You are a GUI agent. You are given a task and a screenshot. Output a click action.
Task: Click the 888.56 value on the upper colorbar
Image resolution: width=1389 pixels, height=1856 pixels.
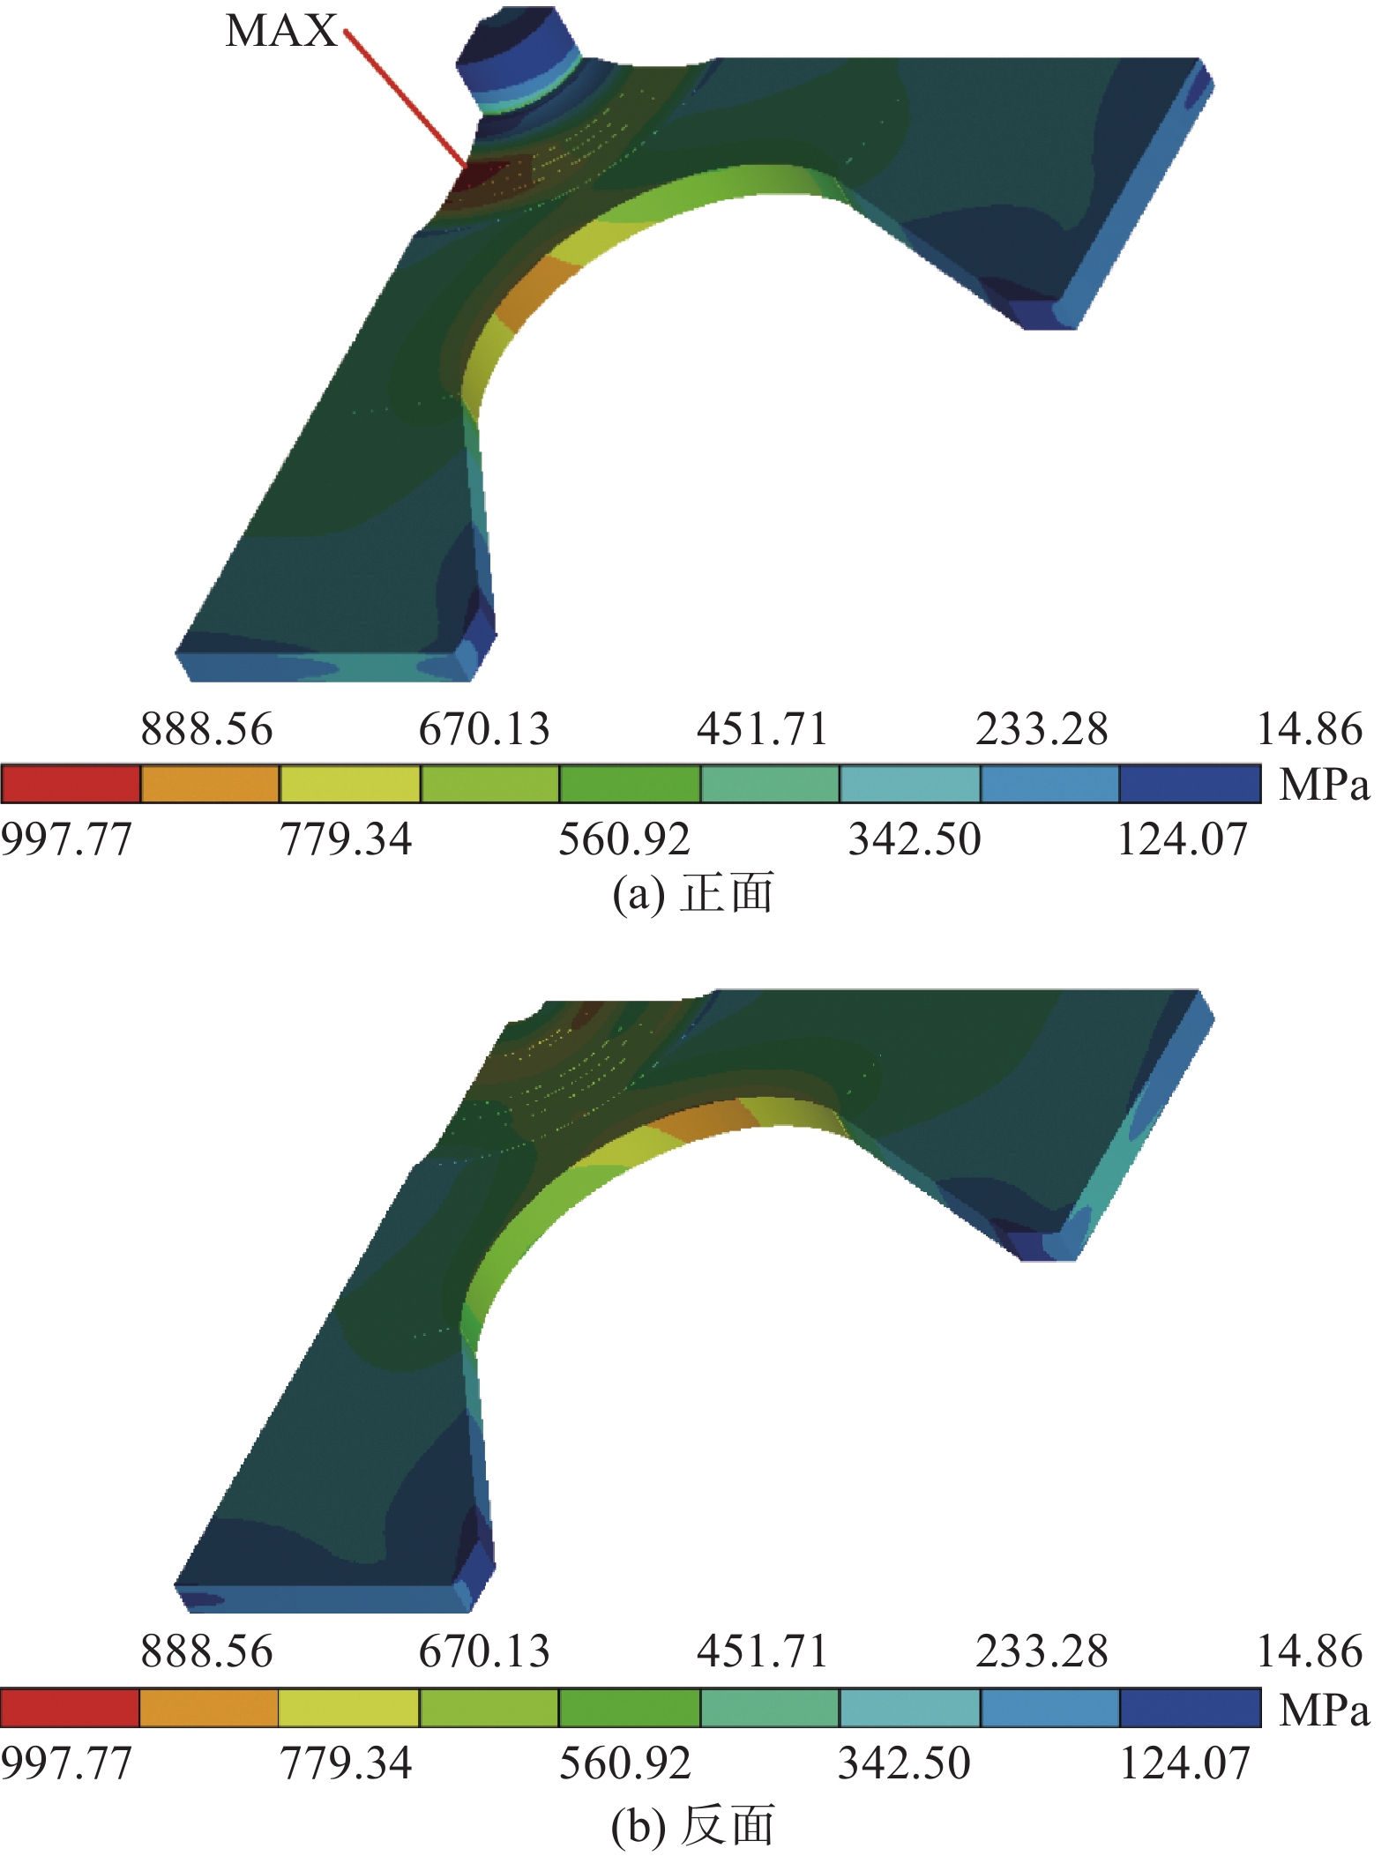pos(207,729)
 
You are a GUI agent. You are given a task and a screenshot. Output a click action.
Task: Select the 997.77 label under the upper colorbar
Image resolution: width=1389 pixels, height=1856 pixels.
pos(66,839)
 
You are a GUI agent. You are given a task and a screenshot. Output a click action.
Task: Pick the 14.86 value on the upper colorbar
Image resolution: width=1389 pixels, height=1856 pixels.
pos(1310,729)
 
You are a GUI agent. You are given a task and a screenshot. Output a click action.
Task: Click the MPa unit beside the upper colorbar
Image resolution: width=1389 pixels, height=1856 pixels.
pos(1325,784)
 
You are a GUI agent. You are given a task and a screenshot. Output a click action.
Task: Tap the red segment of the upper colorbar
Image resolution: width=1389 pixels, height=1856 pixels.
pos(71,784)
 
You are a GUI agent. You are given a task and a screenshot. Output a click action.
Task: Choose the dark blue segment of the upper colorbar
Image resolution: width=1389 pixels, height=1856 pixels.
pos(1190,784)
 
